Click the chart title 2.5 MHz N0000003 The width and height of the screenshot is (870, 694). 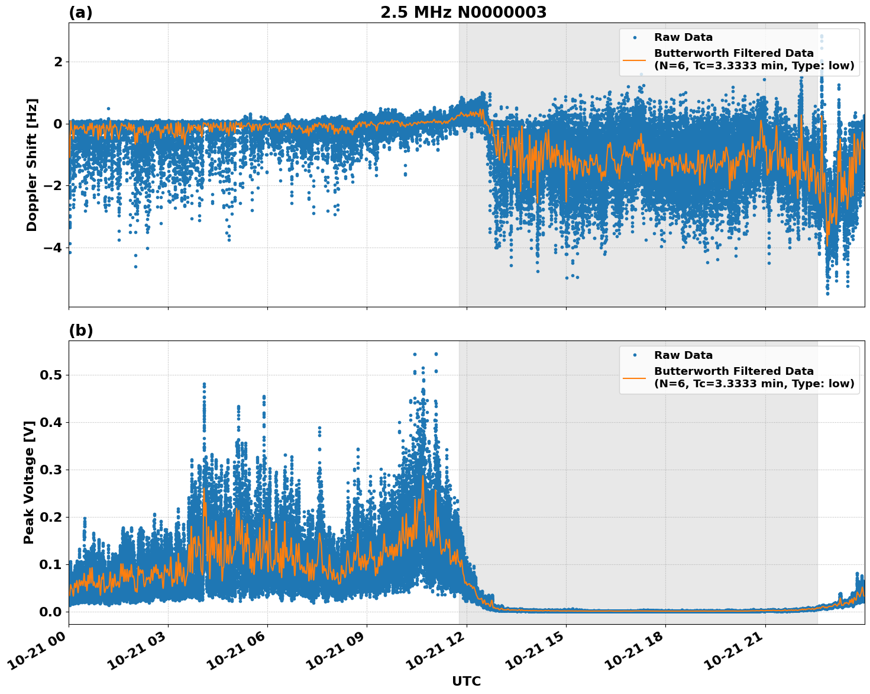463,12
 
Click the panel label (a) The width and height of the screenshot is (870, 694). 80,12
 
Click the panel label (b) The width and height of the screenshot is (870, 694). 80,330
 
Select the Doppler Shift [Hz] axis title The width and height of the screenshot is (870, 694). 32,165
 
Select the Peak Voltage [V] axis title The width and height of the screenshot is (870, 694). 29,482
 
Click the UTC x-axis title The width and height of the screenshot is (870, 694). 466,681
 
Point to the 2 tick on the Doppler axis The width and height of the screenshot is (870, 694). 58,62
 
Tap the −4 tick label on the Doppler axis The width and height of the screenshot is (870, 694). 53,248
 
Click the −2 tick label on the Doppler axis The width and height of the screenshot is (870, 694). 53,186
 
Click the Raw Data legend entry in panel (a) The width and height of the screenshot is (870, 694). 683,37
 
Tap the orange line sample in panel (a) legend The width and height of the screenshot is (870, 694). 635,60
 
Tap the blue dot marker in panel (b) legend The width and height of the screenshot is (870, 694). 635,355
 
